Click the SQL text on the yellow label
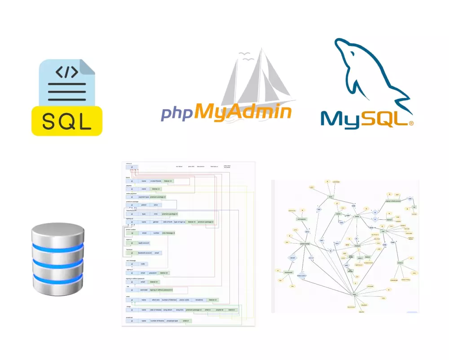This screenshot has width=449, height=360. [x=66, y=120]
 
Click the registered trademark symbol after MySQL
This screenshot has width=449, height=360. [x=410, y=122]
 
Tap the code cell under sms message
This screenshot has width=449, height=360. [x=143, y=264]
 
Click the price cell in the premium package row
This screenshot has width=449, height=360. [x=155, y=204]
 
